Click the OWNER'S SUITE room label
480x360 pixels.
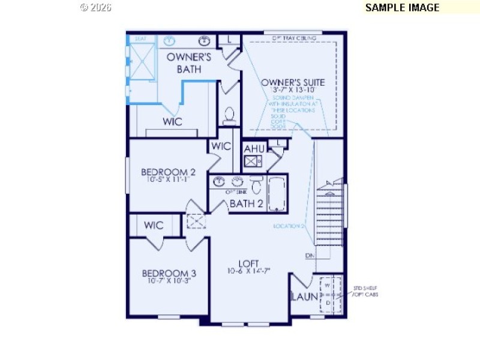(293, 82)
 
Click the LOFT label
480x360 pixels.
(248, 263)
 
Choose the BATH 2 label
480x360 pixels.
(247, 203)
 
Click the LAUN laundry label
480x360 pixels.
(302, 296)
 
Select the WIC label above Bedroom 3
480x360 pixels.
(154, 226)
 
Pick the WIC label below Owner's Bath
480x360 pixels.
(172, 121)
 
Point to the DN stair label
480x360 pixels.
(310, 256)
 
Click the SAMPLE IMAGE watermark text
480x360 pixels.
(402, 8)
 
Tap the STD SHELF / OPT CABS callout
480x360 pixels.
(365, 291)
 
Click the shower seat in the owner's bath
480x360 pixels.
(141, 39)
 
